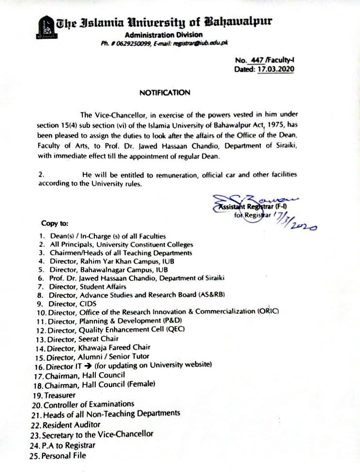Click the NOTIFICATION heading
tap(165, 92)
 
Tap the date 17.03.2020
tap(275, 69)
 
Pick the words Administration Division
tap(164, 35)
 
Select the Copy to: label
tap(55, 224)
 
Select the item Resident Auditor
tap(71, 425)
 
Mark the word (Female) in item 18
tap(141, 384)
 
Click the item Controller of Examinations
tap(89, 404)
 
